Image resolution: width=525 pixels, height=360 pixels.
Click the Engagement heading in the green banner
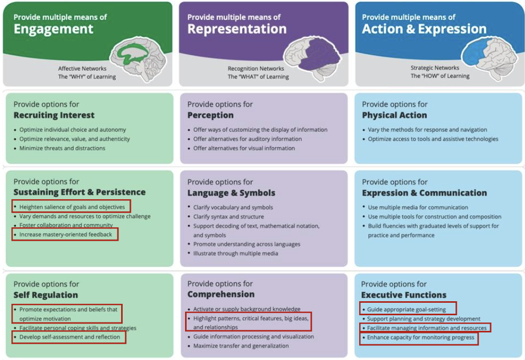54,29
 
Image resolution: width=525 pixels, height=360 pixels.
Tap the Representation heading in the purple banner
237,29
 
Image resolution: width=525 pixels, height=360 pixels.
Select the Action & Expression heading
424,29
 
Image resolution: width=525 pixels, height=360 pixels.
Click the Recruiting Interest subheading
54,115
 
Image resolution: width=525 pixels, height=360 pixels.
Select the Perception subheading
211,115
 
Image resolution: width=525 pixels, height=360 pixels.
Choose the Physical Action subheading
394,115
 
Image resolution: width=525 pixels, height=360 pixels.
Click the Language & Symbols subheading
231,193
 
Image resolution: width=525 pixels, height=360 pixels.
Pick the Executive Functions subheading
403,295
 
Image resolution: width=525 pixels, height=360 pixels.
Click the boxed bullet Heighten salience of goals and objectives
72,207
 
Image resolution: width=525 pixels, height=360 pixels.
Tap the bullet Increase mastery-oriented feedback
65,235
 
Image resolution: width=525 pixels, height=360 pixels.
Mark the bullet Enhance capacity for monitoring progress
421,338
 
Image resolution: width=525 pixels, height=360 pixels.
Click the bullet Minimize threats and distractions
62,148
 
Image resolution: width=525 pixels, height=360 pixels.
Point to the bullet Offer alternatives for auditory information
247,139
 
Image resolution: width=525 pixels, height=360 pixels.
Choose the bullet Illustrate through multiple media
235,253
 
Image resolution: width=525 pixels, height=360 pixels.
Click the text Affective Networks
82,68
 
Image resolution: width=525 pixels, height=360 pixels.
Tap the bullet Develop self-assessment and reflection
70,337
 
